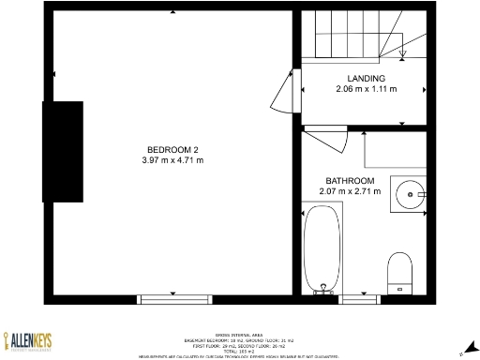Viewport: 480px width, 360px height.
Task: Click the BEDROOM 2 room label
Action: tap(172, 150)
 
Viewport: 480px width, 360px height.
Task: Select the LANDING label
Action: tap(366, 79)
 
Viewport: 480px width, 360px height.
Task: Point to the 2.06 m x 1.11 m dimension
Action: tap(366, 89)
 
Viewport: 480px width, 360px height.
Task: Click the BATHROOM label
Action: tap(350, 181)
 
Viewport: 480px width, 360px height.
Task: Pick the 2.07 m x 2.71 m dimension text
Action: tap(350, 191)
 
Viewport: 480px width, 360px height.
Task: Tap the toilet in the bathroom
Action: tap(400, 269)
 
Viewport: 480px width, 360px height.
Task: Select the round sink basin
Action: tap(410, 195)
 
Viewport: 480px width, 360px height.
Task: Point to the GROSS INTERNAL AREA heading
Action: tap(241, 335)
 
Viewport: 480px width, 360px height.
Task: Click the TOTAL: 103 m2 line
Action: tap(241, 350)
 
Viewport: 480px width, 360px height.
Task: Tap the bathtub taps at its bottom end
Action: tap(322, 290)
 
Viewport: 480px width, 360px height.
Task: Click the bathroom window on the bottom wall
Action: tap(356, 299)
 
